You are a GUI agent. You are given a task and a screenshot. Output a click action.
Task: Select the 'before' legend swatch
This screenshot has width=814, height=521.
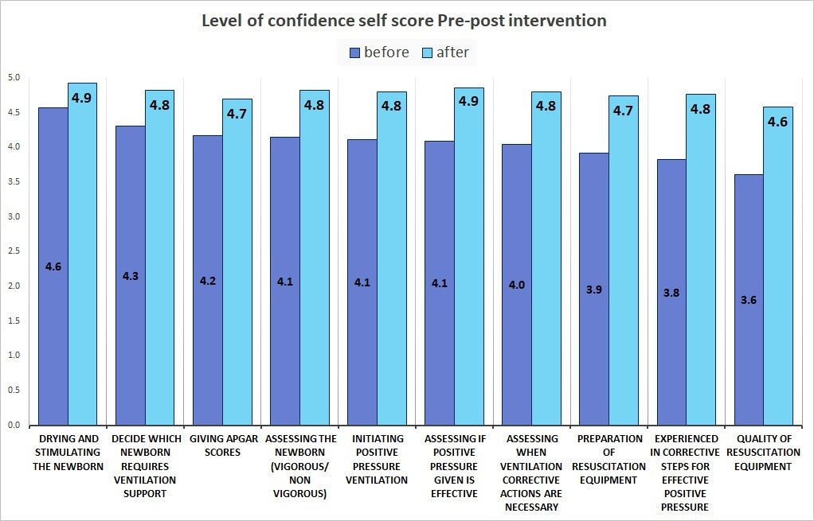(355, 52)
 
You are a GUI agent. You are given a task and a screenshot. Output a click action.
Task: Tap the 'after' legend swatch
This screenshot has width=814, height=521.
(427, 52)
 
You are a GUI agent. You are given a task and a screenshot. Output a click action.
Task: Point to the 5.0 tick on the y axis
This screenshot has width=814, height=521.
(14, 78)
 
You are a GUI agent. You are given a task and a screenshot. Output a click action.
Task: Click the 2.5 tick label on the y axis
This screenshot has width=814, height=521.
(14, 251)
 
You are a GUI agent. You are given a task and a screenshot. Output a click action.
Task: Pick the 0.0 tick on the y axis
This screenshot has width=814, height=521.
(14, 425)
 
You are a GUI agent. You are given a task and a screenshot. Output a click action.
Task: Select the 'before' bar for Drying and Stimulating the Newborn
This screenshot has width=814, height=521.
(53, 266)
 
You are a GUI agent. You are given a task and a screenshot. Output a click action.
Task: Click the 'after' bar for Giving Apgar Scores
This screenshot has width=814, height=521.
(237, 262)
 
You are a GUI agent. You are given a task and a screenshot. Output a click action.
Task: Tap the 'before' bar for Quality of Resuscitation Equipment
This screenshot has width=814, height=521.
(749, 300)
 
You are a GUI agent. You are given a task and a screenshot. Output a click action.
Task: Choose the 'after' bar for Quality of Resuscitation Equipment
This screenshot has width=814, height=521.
(778, 266)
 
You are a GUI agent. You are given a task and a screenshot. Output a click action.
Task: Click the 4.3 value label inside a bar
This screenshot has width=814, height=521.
(131, 276)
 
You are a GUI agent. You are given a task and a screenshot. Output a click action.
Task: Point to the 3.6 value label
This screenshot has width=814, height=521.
(749, 300)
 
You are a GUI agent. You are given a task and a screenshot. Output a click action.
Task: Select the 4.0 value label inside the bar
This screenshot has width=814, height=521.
(517, 285)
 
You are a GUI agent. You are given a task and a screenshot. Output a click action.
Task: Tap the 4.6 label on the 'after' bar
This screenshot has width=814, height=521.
(777, 122)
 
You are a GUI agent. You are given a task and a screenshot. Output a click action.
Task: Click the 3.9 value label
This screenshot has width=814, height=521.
(594, 290)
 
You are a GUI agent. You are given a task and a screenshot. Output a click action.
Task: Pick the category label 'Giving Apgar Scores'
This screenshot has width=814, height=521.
(223, 445)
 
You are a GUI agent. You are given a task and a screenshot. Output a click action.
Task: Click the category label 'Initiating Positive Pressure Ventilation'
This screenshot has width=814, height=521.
(377, 459)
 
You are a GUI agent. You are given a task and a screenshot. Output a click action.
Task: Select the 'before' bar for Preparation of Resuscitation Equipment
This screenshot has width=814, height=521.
(594, 290)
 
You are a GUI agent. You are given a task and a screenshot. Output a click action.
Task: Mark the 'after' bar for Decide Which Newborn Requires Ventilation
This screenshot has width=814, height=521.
(160, 259)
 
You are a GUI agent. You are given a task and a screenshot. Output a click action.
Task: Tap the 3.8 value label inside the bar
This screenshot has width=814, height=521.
(671, 293)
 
